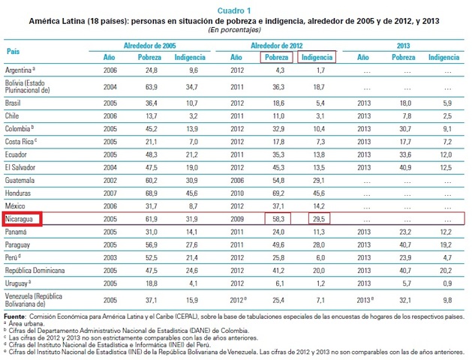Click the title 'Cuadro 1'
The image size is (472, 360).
tap(236, 11)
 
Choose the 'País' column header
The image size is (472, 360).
tap(13, 51)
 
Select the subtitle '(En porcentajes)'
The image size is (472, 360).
tap(236, 30)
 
